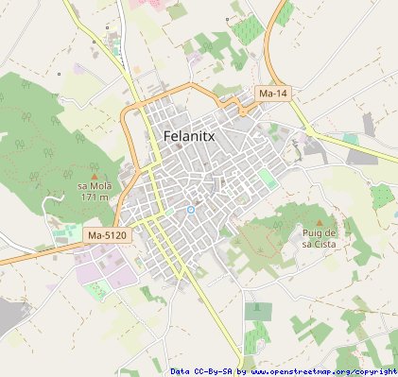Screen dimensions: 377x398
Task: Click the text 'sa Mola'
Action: tap(94, 186)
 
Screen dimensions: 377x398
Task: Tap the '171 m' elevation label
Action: tap(94, 197)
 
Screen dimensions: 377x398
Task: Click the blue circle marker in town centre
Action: tap(190, 209)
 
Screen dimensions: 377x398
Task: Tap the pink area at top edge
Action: tap(147, 4)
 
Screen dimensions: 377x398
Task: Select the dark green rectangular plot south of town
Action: tap(257, 310)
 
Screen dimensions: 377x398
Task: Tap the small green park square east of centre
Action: tap(268, 179)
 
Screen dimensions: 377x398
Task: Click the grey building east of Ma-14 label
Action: tap(368, 124)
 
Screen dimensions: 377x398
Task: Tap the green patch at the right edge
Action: tap(382, 197)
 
